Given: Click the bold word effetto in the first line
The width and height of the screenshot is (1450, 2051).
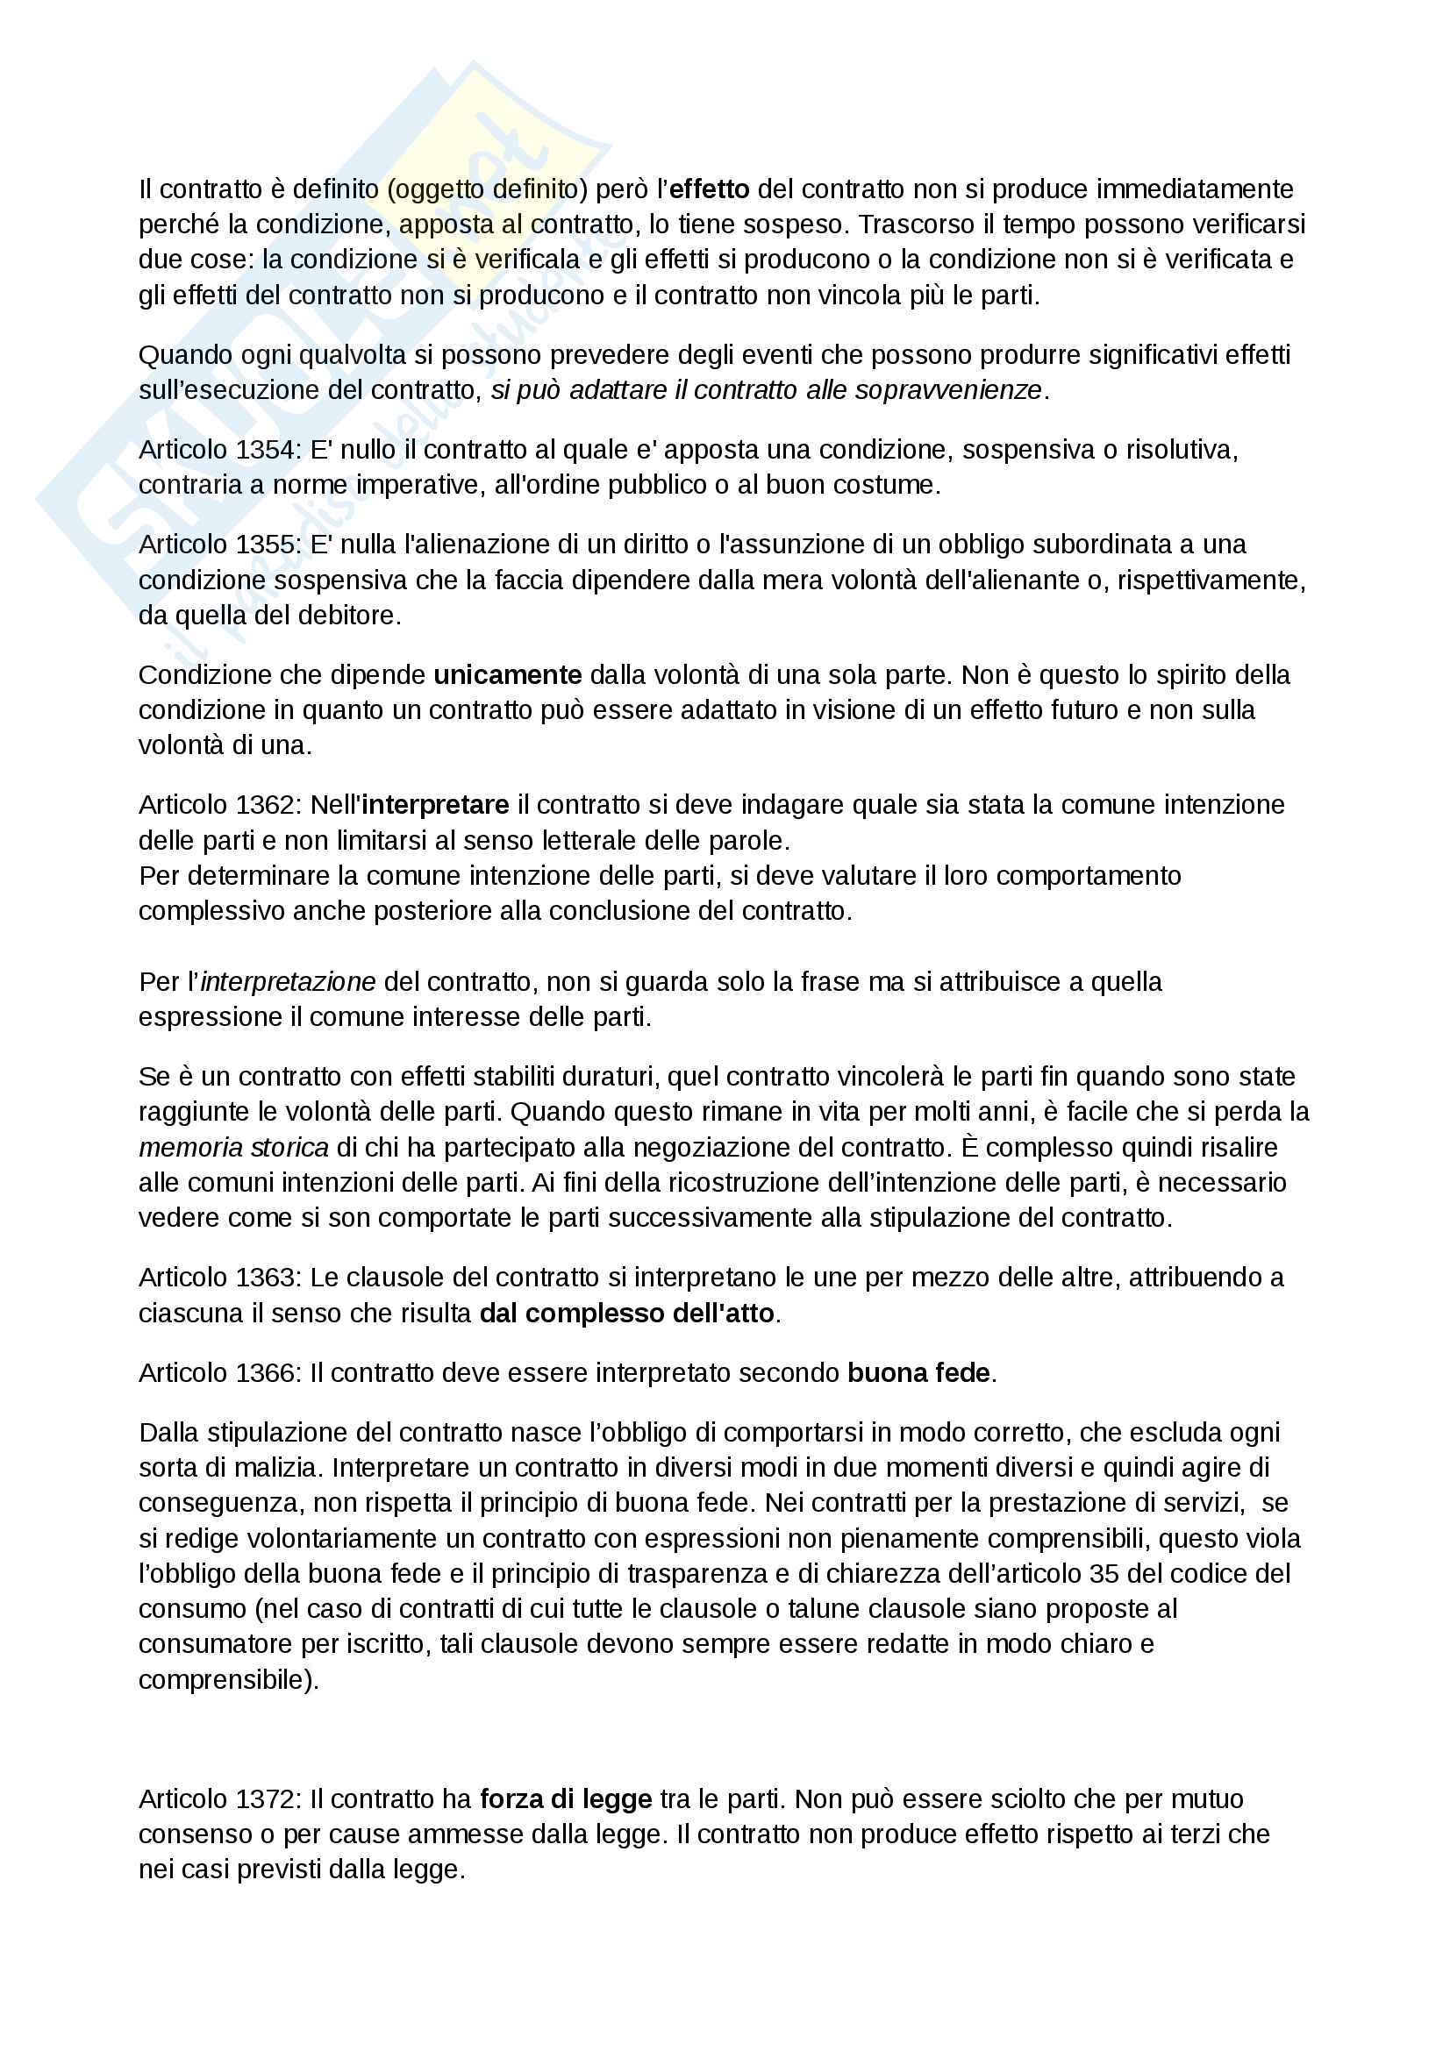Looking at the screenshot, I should point(709,189).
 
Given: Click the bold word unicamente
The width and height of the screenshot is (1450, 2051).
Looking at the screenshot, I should point(507,674).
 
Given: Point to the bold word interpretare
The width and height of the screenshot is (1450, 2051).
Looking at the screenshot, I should point(435,805).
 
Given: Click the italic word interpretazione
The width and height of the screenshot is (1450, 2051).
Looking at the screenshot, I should point(289,982).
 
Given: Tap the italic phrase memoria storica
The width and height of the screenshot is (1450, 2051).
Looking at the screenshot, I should point(233,1147).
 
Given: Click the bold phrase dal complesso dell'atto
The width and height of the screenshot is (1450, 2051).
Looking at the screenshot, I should point(626,1314).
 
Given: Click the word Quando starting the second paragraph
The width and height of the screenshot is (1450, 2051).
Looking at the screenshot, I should point(184,354).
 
